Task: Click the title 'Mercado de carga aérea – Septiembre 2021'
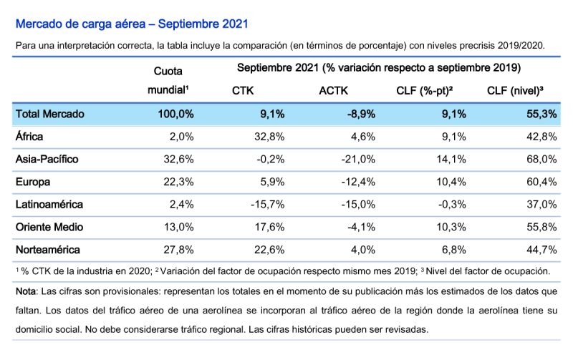pyautogui.click(x=132, y=24)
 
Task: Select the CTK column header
pyautogui.click(x=243, y=91)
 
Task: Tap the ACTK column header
pyautogui.click(x=334, y=91)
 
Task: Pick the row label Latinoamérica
pyautogui.click(x=49, y=204)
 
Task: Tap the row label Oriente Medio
pyautogui.click(x=49, y=227)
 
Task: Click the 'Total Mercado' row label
pyautogui.click(x=49, y=113)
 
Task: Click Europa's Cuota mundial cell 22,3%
pyautogui.click(x=179, y=182)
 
